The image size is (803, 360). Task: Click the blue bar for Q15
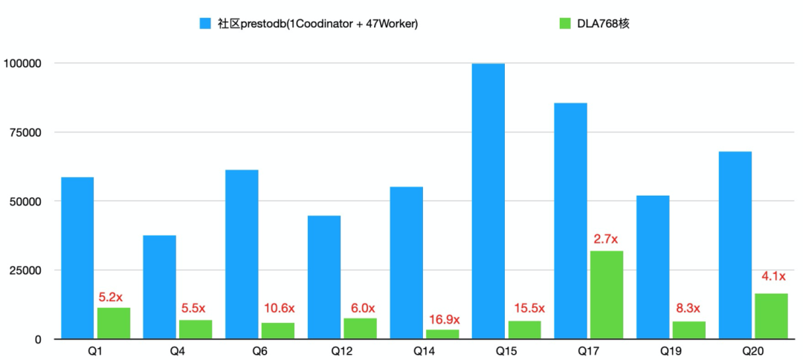coord(488,201)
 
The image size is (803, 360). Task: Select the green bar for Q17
coord(607,295)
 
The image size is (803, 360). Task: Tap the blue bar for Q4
coord(159,287)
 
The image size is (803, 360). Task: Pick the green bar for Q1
coord(114,323)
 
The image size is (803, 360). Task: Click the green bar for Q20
coord(771,316)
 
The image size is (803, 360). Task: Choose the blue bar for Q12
coord(323,277)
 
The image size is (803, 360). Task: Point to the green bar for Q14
coord(442,334)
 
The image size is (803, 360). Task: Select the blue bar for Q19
coord(653,267)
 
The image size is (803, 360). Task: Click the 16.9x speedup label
coord(445,320)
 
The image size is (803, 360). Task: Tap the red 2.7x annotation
coord(606,240)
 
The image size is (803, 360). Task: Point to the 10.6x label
coord(279,308)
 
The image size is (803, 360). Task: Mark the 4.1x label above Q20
coord(773,277)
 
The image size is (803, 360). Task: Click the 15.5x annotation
coord(529,308)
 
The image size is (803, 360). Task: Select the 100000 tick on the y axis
coord(22,63)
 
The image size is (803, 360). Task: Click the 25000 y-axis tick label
coord(24,270)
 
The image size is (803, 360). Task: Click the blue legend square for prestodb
coord(206,24)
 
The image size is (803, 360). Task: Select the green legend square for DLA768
coord(565,24)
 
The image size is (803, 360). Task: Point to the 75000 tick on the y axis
coord(24,132)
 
